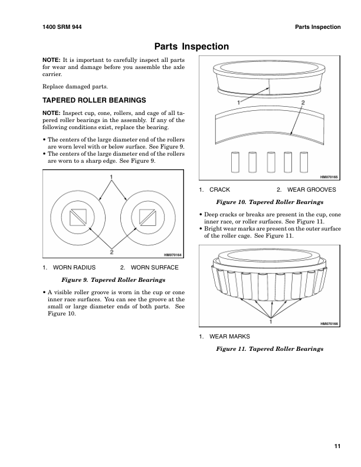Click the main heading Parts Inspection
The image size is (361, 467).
click(192, 47)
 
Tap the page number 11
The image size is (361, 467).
click(337, 446)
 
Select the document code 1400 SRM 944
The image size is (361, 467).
click(63, 27)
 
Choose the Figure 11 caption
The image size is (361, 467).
click(270, 349)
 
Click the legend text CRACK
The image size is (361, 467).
click(219, 190)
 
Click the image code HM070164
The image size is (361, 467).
click(171, 255)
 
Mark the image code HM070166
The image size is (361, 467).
click(329, 324)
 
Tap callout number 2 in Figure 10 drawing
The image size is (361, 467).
click(303, 103)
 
